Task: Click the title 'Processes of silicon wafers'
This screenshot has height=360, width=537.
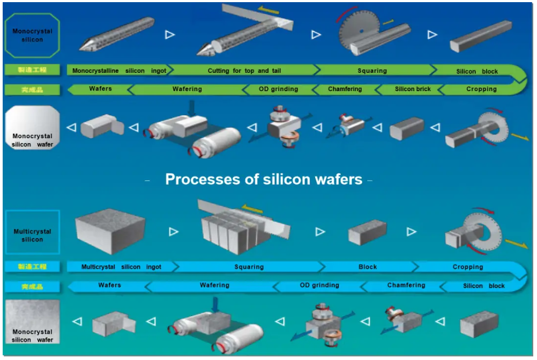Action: tap(264, 179)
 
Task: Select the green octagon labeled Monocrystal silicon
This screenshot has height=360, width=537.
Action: tap(32, 35)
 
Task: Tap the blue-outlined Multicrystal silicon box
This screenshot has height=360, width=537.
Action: tap(32, 232)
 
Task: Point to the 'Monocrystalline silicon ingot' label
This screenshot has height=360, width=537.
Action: tap(119, 71)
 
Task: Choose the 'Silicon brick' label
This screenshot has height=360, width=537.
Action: tap(413, 89)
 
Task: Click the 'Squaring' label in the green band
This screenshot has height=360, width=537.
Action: tap(372, 71)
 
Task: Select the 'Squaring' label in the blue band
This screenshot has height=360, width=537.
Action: tap(249, 267)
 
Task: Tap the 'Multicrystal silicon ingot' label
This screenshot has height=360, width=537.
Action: tap(121, 267)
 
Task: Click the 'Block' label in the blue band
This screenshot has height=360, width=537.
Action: tap(368, 267)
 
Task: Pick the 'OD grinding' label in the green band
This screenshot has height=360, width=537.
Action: tap(279, 89)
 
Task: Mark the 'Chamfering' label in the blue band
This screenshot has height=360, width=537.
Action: tap(406, 286)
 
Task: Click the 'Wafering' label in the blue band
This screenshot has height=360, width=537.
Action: tap(214, 286)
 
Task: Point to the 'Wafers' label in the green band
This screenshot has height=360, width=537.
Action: tap(101, 89)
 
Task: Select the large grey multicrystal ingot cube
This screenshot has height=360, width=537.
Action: tap(110, 231)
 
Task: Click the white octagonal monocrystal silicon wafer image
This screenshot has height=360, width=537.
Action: tap(32, 127)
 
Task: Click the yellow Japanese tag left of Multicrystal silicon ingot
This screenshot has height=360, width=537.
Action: tap(32, 267)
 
